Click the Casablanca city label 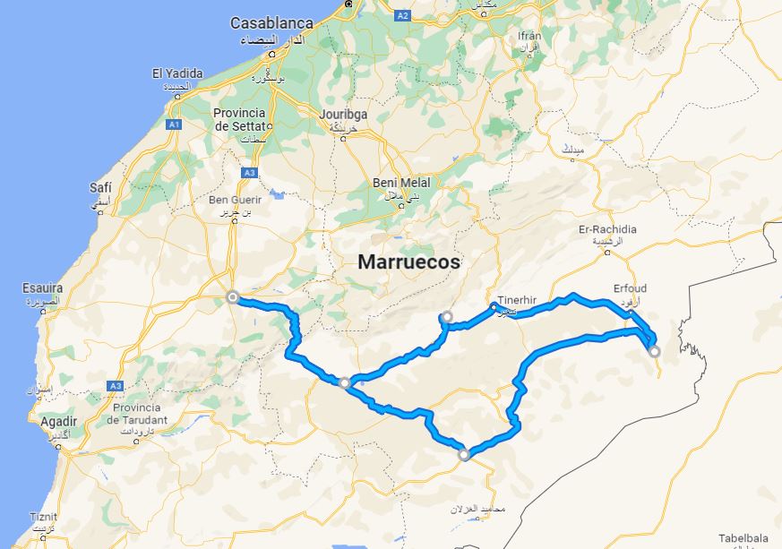(271, 22)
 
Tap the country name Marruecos (409, 262)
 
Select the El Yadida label (177, 73)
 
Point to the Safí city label (100, 187)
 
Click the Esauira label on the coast (43, 288)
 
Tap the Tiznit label (42, 517)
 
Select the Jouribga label (345, 115)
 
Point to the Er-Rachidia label (607, 229)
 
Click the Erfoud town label (630, 288)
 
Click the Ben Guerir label (232, 200)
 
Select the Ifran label (529, 35)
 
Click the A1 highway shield (175, 124)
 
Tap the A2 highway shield (402, 15)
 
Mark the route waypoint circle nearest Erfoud (655, 351)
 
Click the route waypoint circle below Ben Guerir (233, 297)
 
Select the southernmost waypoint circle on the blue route (464, 455)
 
